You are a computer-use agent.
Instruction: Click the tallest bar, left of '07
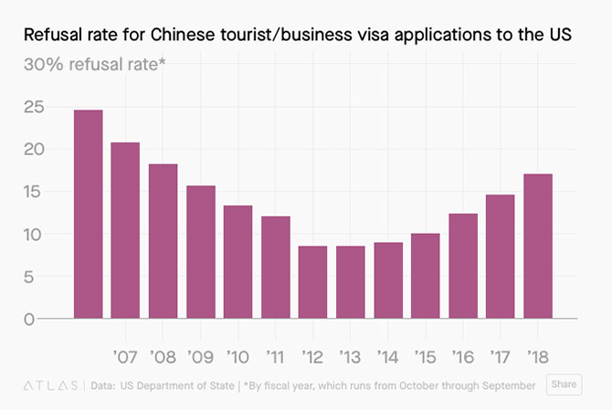[x=88, y=214]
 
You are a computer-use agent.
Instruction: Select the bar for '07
[x=125, y=230]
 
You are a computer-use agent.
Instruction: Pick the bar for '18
[x=537, y=246]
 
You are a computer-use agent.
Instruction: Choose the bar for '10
[x=237, y=262]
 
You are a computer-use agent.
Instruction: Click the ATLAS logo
[x=50, y=385]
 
